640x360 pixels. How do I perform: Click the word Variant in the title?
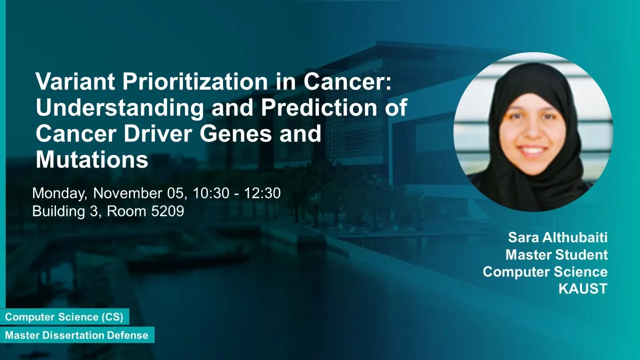coord(75,81)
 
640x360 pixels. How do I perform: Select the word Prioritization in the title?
coord(195,81)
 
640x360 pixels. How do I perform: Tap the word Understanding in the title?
coord(120,108)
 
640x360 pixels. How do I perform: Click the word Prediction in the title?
coord(319,107)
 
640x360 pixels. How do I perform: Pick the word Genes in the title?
coord(235,133)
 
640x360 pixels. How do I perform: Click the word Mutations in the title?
coord(91,159)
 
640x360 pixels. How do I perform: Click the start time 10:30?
coord(211,193)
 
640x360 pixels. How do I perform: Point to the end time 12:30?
coord(262,193)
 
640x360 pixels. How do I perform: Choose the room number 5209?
coord(167,211)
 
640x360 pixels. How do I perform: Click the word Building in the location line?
coord(58,211)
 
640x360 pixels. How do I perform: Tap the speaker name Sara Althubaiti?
coord(557,237)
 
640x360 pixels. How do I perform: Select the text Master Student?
coord(556,254)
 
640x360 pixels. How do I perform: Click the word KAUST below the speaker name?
coord(583,289)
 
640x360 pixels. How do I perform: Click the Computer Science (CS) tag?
coord(64,317)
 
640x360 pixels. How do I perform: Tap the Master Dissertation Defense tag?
coord(77,335)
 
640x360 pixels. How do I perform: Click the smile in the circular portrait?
coord(532,150)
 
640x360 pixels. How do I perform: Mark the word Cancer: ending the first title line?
coord(347,81)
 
